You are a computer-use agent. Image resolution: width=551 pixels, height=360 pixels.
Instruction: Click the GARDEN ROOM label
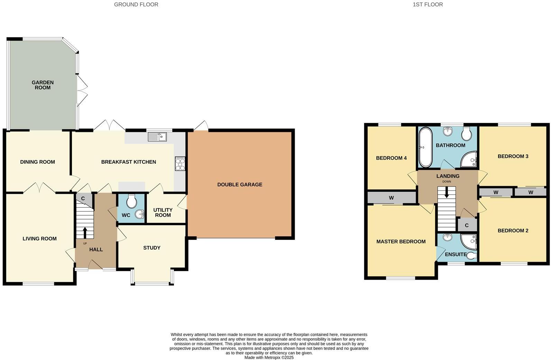click(x=43, y=85)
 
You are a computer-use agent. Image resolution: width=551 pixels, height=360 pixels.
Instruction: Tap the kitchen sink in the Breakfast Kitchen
click(x=157, y=137)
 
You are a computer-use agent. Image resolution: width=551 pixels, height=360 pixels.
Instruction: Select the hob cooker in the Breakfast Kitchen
click(x=180, y=163)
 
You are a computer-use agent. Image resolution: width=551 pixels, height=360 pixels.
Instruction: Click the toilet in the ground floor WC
click(x=131, y=201)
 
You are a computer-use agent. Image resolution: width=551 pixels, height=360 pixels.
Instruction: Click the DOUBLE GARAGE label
click(x=239, y=184)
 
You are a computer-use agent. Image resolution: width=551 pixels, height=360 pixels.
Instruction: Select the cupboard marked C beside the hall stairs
click(x=83, y=199)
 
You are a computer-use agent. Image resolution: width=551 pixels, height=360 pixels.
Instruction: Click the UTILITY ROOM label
click(x=163, y=213)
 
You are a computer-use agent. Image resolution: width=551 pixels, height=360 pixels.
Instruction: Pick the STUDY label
click(x=151, y=248)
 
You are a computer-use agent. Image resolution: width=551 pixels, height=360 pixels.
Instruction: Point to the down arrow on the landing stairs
click(x=447, y=192)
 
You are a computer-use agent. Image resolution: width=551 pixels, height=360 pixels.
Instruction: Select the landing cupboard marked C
click(x=467, y=225)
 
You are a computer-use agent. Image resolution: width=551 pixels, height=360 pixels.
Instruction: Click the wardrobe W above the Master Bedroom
click(x=391, y=198)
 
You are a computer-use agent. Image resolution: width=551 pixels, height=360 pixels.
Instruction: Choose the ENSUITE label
click(x=455, y=254)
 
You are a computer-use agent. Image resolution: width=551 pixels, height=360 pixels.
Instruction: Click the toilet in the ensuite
click(x=472, y=256)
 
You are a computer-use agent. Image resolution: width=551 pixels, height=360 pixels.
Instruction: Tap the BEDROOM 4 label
click(x=391, y=158)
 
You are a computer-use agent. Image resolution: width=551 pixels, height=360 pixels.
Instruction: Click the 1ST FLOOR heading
click(x=428, y=4)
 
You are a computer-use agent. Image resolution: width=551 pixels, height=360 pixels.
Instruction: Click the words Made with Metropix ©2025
click(x=269, y=358)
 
